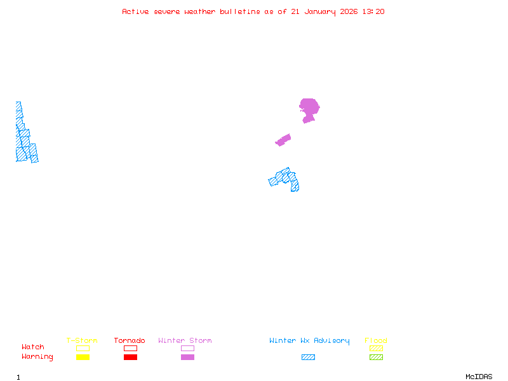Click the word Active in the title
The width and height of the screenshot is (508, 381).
coord(136,11)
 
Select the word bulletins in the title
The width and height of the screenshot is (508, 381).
coord(239,11)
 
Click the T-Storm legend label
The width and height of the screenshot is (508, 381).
coord(82,340)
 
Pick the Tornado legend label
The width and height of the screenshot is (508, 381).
coord(130,340)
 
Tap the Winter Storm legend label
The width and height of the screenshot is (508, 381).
coord(185,340)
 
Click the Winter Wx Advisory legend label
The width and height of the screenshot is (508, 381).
coord(309,340)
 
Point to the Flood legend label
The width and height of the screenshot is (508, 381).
coord(376,340)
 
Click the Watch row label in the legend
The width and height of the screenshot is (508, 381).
coord(33,347)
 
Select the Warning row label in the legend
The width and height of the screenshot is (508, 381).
coord(37,357)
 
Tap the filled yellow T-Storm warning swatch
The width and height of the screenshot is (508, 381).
coord(83,357)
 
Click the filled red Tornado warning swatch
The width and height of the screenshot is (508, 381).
coord(130,357)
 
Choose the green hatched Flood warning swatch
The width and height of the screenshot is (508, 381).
coord(376,357)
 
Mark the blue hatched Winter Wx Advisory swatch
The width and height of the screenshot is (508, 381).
coord(308,357)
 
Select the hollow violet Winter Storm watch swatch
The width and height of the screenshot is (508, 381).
coord(187,348)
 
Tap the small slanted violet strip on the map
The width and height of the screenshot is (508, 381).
coord(283,140)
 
